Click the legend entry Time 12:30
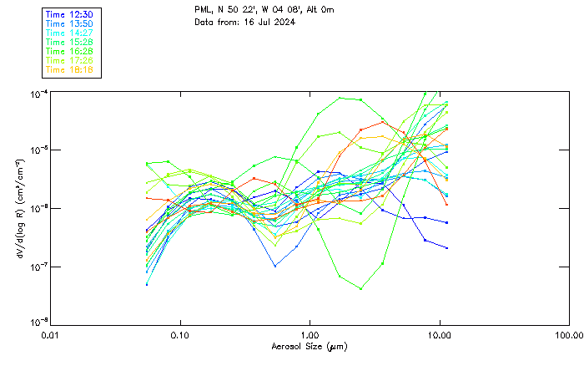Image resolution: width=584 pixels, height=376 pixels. pos(68,14)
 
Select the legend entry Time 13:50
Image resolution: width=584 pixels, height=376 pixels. pos(68,23)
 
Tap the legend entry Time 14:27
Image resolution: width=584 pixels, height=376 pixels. pos(68,33)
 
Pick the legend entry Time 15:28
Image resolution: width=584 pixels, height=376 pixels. pos(68,42)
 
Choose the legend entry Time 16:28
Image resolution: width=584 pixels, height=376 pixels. pos(68,51)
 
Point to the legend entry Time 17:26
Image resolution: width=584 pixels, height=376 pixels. pos(68,60)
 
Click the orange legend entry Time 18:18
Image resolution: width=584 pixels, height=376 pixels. pos(68,69)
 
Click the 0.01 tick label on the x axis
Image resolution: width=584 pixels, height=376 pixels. pos(51,334)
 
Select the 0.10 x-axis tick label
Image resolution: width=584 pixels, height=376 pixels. pos(180,334)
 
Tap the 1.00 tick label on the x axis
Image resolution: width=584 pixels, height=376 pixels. pos(310,334)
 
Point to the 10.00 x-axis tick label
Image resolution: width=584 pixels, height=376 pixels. pos(439,334)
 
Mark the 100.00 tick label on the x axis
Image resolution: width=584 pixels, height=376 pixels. pos(568,334)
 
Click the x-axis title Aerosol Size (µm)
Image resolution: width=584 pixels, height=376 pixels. pos(310,346)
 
